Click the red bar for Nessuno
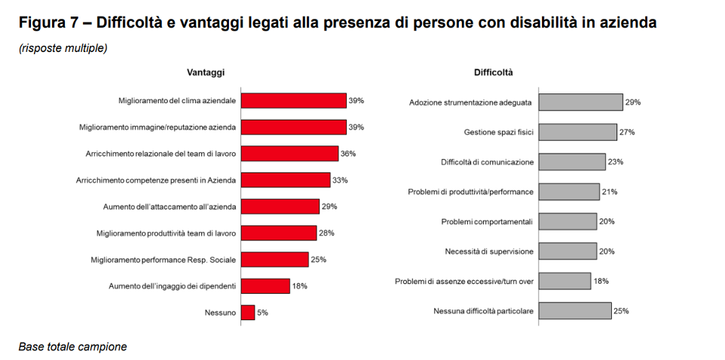coord(248,312)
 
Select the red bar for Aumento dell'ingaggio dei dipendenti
coord(265,285)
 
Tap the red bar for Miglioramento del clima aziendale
coord(293,101)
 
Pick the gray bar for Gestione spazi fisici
coord(579,132)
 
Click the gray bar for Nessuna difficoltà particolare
coord(576,310)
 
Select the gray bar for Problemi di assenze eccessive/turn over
coord(565,281)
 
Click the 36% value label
coord(348,154)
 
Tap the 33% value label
coord(340,180)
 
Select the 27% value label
coord(627,132)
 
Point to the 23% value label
coord(616,162)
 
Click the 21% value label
coord(610,192)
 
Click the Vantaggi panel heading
coord(206,72)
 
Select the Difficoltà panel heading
coord(494,72)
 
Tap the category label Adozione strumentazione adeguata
coord(471,102)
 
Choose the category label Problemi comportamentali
coord(487,221)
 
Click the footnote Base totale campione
coord(72,347)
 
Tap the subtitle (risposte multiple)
coord(63,48)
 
